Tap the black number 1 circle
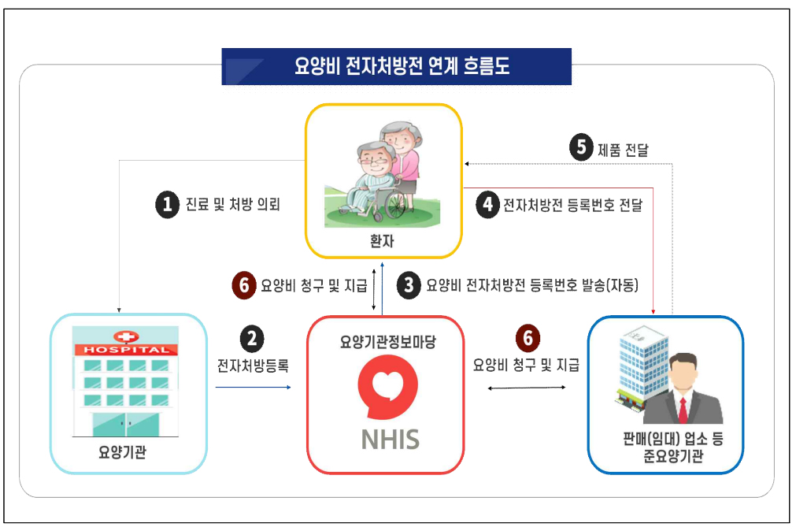tap(166, 205)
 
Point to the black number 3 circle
tap(408, 284)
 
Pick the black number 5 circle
tap(580, 148)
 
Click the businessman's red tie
tap(683, 410)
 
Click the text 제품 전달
tap(623, 149)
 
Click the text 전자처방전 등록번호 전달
tap(572, 206)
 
